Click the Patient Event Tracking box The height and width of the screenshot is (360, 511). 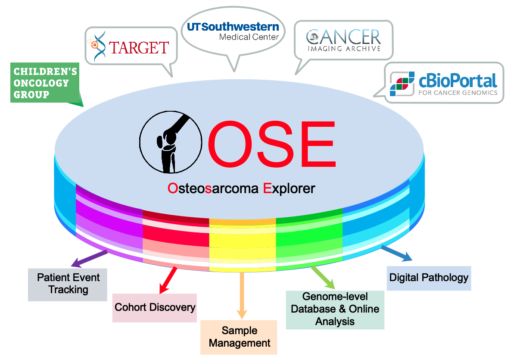[x=68, y=284]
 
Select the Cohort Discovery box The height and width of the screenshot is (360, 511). [x=155, y=307]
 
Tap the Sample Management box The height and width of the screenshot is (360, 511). [x=239, y=337]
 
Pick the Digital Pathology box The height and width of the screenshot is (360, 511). [x=429, y=277]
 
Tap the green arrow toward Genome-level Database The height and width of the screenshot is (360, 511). [x=322, y=278]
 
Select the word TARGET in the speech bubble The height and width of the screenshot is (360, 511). [x=139, y=47]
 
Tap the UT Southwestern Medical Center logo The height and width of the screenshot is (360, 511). [x=233, y=31]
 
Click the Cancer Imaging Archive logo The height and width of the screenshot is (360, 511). [x=343, y=40]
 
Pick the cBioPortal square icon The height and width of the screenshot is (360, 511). [x=402, y=84]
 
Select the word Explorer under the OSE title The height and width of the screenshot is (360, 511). [x=289, y=188]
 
